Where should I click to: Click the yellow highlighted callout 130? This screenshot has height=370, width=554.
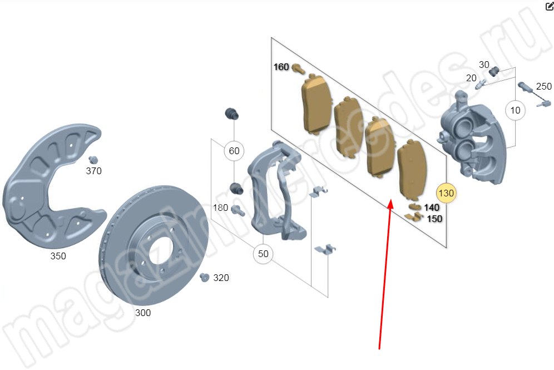coord(447,193)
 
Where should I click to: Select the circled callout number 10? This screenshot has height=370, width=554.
coord(516,110)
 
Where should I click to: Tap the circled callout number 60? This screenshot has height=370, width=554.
coord(234,151)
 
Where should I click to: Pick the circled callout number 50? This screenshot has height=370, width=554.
coord(263,254)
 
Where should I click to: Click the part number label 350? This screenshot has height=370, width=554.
coord(58,256)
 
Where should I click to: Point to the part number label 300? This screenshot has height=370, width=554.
coord(143,313)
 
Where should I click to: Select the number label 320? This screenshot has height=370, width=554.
coord(221,278)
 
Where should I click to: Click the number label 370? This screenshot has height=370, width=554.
coord(93,171)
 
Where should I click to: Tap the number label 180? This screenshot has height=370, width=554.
coord(221,208)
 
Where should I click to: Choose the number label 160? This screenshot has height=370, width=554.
coord(281,67)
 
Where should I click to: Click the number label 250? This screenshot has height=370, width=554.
coord(544,86)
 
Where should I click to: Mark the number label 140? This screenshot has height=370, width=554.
coord(432,208)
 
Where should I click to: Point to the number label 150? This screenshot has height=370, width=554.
coord(434,219)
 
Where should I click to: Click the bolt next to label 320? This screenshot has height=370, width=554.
coord(204,277)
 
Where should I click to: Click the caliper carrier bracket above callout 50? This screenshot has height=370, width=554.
coord(275,189)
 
